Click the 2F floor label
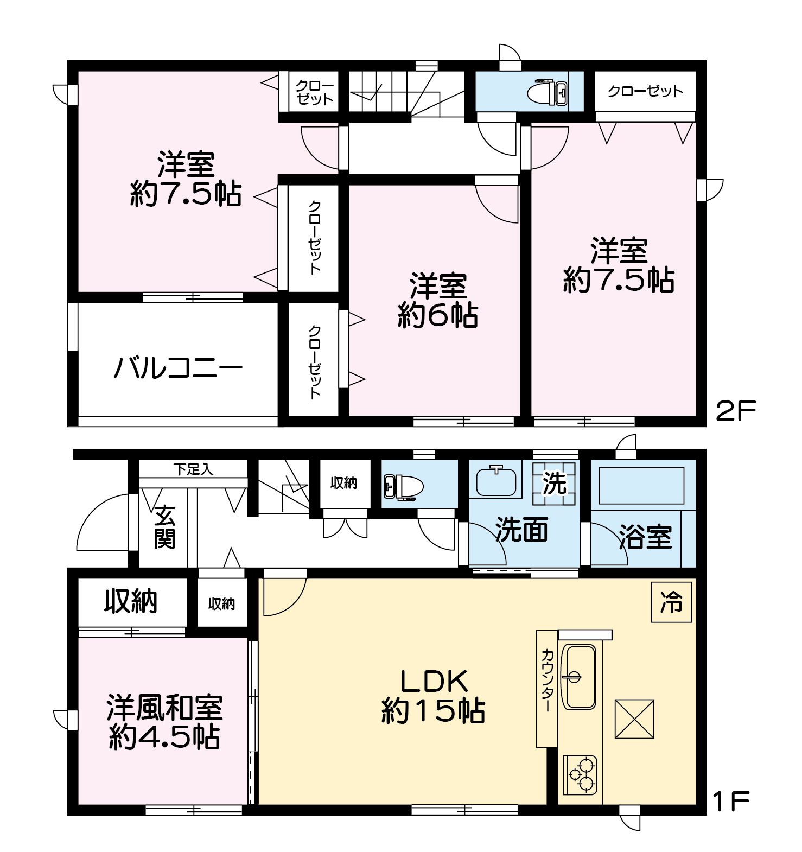[x=736, y=411]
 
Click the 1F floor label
[x=731, y=802]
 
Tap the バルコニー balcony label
[x=178, y=368]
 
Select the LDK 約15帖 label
[x=433, y=696]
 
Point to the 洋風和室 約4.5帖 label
[x=164, y=722]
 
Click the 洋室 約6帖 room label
[x=437, y=301]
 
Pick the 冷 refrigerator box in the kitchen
[x=671, y=602]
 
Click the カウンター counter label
[x=546, y=681]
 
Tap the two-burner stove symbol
[x=581, y=775]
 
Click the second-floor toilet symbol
[x=548, y=92]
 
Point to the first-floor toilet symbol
[x=403, y=486]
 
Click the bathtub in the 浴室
[x=641, y=486]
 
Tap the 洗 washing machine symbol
[x=554, y=483]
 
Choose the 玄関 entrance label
[x=164, y=527]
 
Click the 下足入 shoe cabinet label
[x=193, y=469]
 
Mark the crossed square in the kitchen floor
[x=634, y=719]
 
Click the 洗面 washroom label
[x=521, y=530]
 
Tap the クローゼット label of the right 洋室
[x=645, y=91]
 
